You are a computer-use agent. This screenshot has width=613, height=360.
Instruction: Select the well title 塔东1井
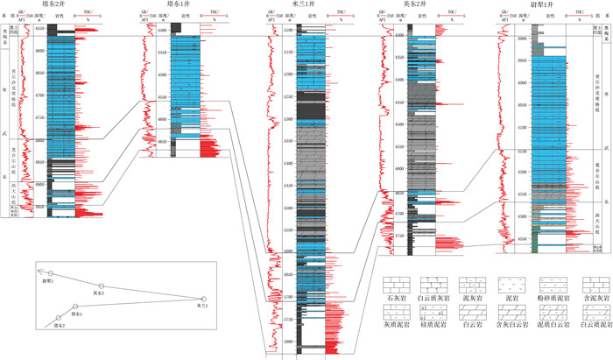point(177,4)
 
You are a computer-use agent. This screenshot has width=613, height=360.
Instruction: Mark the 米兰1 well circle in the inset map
point(202,300)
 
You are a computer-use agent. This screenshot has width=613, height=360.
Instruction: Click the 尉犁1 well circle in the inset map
point(51,274)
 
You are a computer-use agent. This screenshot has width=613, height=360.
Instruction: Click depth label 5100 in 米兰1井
point(290,32)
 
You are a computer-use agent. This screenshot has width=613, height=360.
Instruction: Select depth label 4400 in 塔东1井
point(164,32)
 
